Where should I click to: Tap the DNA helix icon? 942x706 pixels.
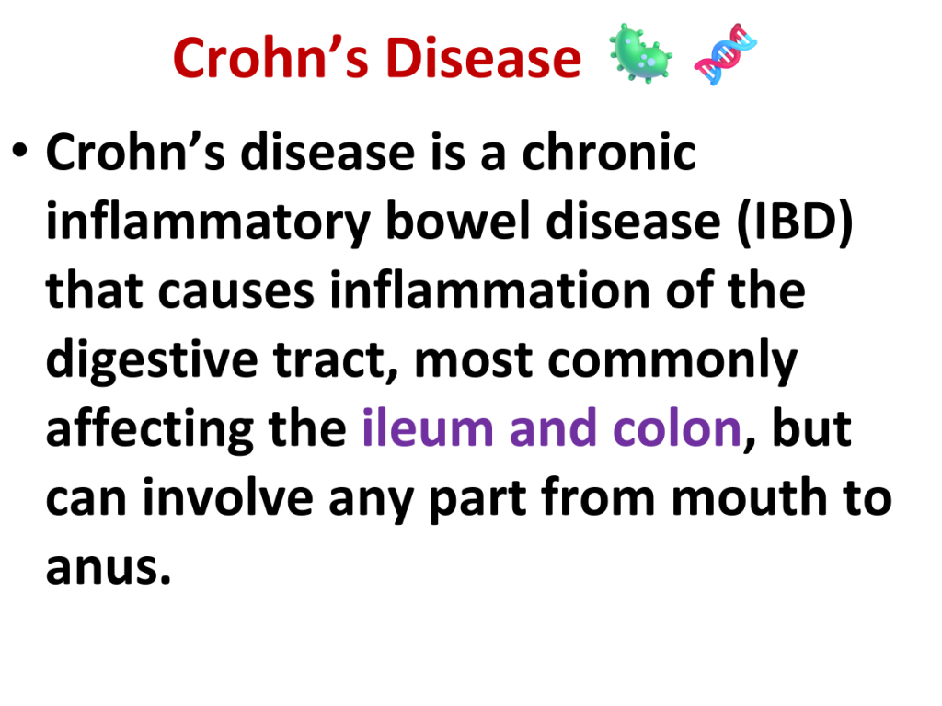[x=725, y=54]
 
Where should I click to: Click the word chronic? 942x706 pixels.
[x=609, y=153]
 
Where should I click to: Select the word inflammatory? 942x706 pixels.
[x=208, y=222]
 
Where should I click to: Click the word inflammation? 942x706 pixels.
[x=490, y=290]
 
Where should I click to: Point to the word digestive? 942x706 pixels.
[x=152, y=360]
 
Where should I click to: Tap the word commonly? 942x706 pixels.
[x=672, y=361]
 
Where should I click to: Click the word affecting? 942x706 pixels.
[x=150, y=430]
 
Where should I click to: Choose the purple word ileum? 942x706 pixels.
[x=428, y=428]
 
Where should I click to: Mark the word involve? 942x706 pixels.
[x=228, y=497]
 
